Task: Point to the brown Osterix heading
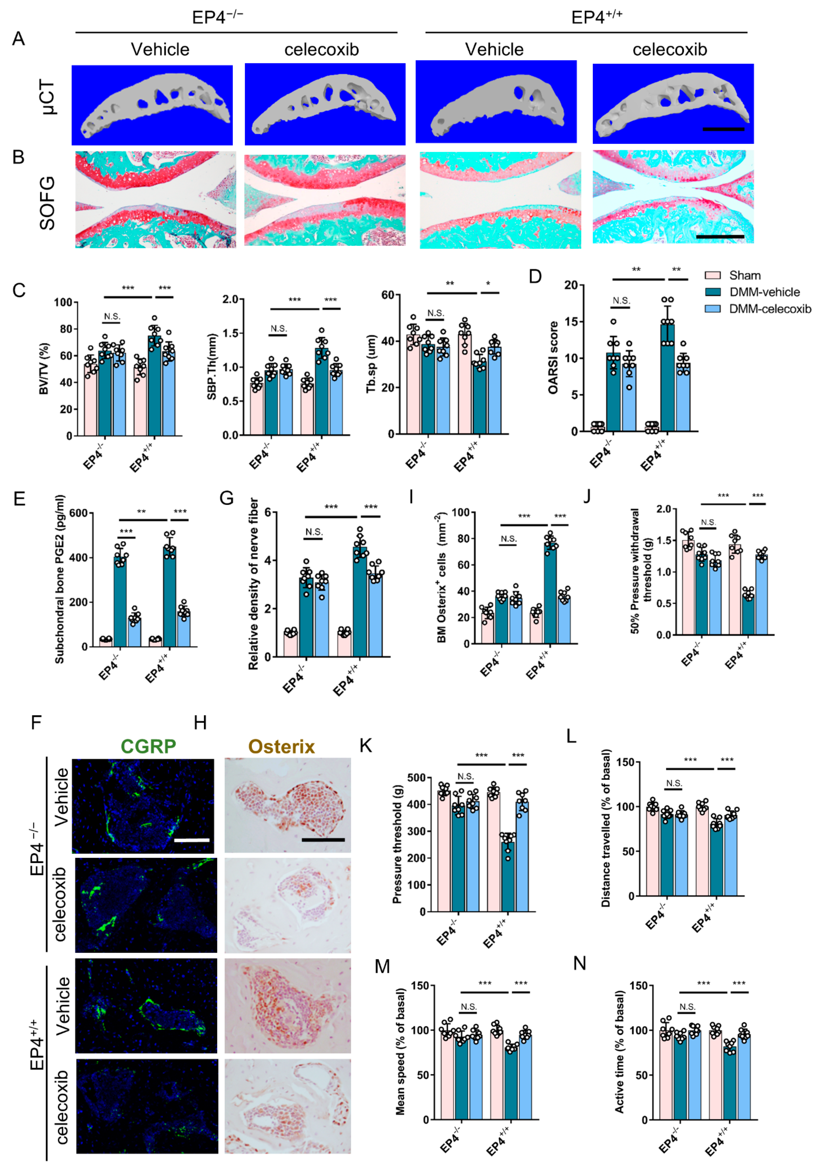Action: [x=282, y=747]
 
